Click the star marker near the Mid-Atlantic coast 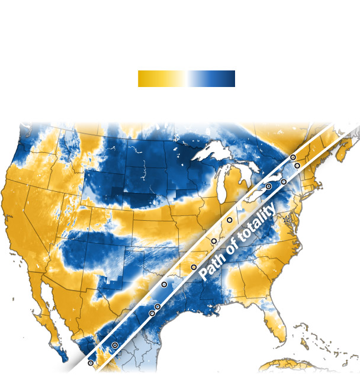(x=287, y=219)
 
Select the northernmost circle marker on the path (x=292, y=157)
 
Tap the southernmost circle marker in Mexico (x=91, y=363)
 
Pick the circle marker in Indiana (x=229, y=220)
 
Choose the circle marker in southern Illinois (x=214, y=241)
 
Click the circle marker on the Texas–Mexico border (x=115, y=345)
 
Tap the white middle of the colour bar (x=187, y=79)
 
